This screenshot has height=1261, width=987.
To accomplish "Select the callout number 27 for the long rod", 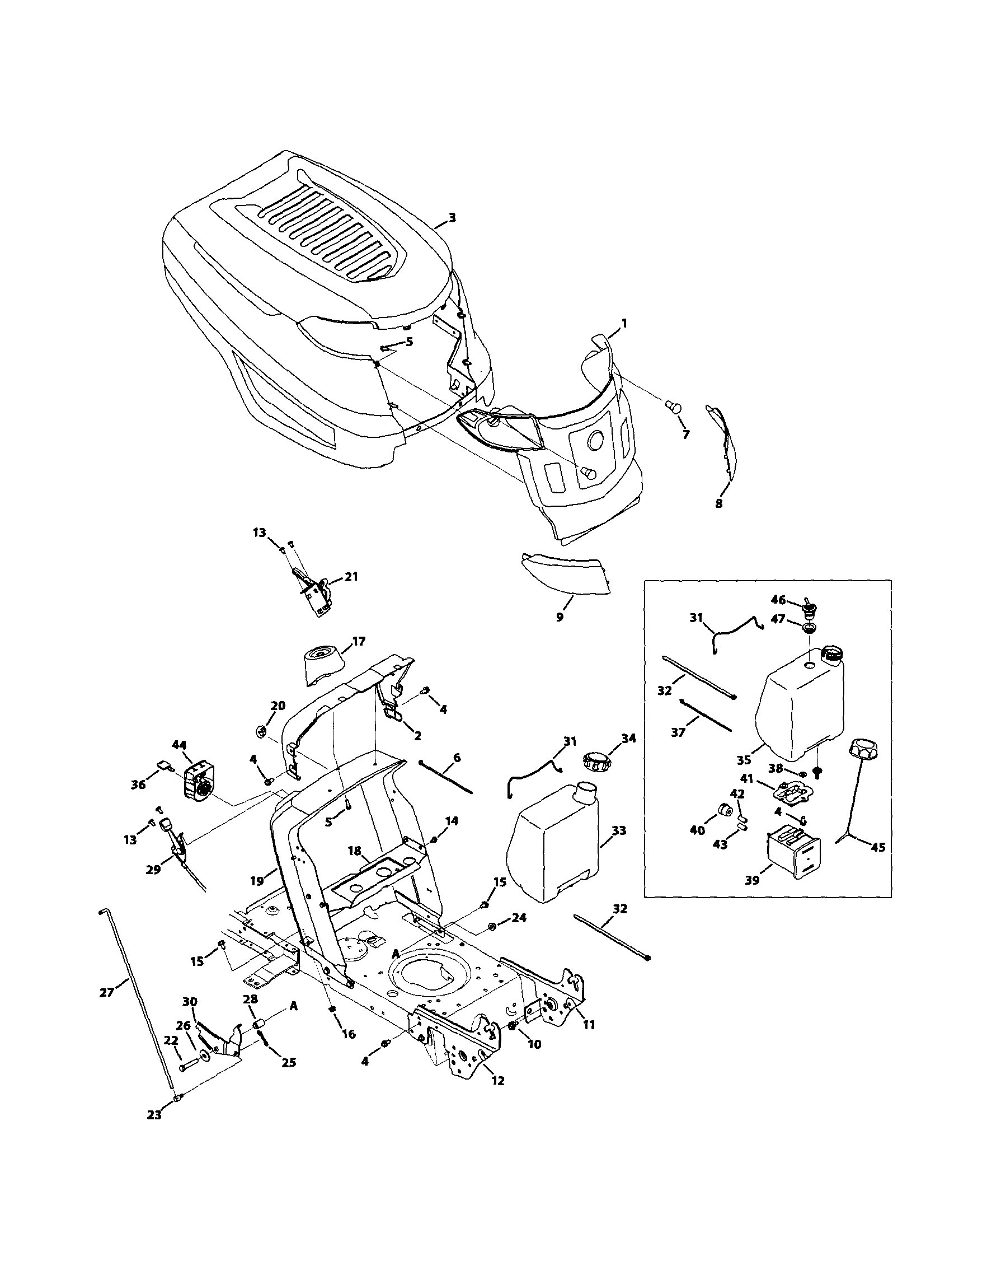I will point(107,992).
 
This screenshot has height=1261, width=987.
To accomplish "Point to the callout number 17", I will point(358,641).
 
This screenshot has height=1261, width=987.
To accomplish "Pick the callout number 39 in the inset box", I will point(752,881).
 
